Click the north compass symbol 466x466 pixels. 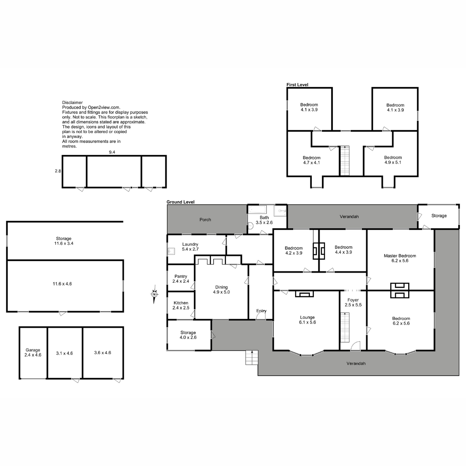click(154, 294)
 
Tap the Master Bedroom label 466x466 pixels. click(400, 258)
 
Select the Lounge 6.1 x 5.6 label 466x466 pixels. click(307, 320)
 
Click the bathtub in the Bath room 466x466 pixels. click(257, 209)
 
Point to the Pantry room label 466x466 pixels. click(181, 278)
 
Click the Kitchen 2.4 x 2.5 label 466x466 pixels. click(181, 305)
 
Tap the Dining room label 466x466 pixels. click(221, 289)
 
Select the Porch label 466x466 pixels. click(205, 219)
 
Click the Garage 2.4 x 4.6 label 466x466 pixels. click(33, 352)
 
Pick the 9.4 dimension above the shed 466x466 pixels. click(112, 152)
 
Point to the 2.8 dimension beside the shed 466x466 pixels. click(58, 171)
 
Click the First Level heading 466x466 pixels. click(297, 85)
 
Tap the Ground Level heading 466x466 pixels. click(181, 202)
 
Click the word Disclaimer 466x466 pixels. click(72, 103)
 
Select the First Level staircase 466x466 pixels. click(344, 160)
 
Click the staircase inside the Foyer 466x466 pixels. click(345, 327)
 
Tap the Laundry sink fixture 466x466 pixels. click(171, 251)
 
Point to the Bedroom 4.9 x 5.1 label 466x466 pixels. click(393, 160)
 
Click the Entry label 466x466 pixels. click(261, 311)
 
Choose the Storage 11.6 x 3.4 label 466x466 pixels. click(64, 241)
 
